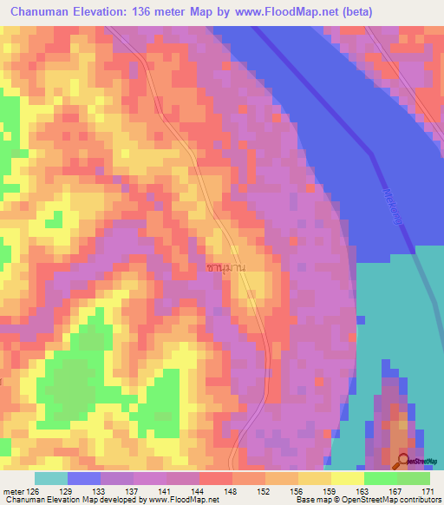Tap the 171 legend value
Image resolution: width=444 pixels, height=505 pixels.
(427, 492)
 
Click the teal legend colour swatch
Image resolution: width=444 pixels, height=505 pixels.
(51, 478)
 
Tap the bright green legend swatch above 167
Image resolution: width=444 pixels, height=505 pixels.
(381, 478)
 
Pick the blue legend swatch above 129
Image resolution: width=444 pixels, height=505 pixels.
(84, 478)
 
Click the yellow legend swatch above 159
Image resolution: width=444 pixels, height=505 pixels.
(315, 478)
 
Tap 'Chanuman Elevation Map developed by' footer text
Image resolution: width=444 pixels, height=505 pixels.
(62, 501)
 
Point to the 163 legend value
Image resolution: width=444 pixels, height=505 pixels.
(347, 492)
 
